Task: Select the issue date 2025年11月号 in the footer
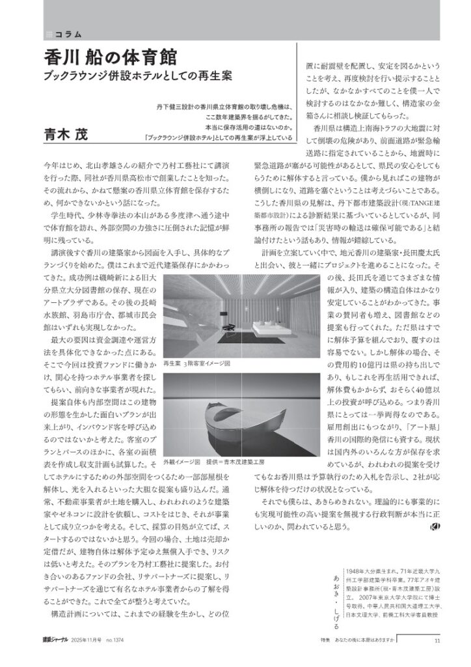(90, 640)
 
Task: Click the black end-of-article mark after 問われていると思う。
(435, 527)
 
